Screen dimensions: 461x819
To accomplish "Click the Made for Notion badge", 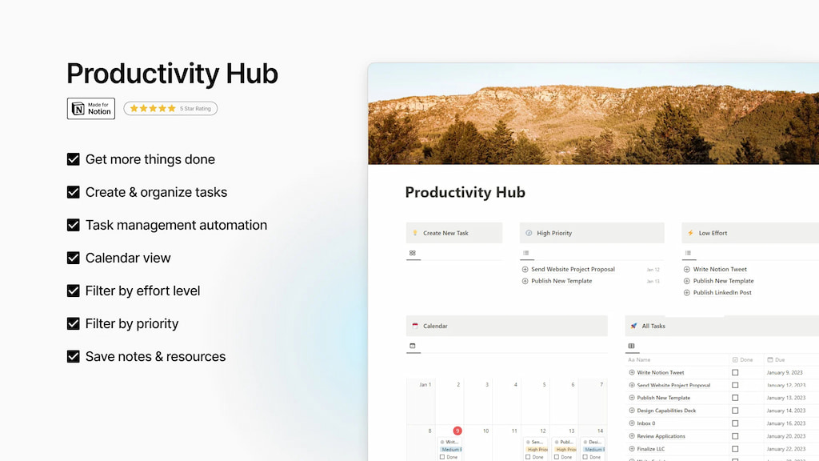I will (x=91, y=109).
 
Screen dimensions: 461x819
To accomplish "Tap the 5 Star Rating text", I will (x=195, y=109).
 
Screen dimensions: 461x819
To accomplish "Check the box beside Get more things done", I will (x=74, y=159).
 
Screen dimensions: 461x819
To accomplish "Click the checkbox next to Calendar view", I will (x=74, y=258).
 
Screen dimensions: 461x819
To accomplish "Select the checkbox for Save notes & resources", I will (x=74, y=356).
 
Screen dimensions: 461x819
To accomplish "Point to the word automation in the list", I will (x=226, y=225).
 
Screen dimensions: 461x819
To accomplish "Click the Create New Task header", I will (x=445, y=233).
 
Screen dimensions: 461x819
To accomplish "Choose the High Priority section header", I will (x=554, y=233).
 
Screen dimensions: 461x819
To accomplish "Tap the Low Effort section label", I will (x=713, y=233).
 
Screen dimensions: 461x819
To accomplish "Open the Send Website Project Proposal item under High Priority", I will (x=573, y=270).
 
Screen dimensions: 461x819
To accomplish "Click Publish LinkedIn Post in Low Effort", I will (x=722, y=293).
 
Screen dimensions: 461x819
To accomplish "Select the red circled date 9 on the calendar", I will (x=457, y=431).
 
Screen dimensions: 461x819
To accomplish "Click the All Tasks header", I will (x=653, y=326).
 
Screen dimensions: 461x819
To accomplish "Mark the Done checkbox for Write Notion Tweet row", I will (x=735, y=372).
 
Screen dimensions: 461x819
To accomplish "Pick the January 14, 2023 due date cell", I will (x=787, y=411).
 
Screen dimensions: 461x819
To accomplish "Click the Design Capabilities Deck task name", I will (x=666, y=411).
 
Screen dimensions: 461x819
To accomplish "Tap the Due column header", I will (x=780, y=359).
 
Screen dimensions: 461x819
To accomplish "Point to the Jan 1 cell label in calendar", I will (x=425, y=385).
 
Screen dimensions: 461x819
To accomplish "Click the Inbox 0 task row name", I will (x=646, y=423).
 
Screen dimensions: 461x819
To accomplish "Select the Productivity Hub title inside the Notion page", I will (x=465, y=192).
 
